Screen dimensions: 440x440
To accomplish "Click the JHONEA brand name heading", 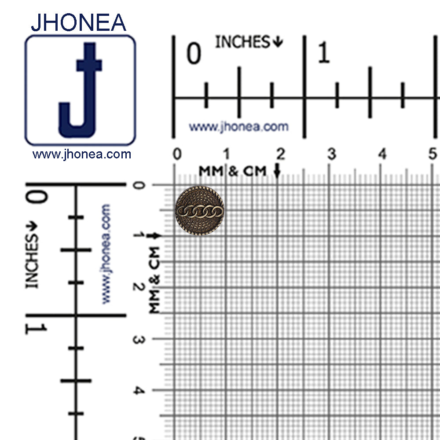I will (x=78, y=22).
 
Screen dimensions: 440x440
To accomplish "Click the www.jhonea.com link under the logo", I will (x=82, y=154).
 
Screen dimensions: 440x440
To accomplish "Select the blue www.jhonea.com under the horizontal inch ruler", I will (x=238, y=127).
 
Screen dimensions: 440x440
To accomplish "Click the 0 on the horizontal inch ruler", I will (x=194, y=54).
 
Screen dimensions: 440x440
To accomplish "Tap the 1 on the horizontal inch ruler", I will (x=323, y=54).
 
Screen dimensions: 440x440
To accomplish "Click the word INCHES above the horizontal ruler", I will (x=242, y=42).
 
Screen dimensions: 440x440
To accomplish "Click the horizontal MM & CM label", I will (x=232, y=171).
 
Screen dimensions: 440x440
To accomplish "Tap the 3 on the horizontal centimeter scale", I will (x=331, y=154).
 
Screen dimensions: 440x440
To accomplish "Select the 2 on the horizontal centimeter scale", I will (x=280, y=154).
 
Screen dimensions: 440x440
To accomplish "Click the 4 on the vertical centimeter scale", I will (x=138, y=390).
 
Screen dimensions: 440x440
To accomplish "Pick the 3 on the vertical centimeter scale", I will (x=138, y=340).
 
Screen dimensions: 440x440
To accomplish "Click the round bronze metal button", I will (x=199, y=211).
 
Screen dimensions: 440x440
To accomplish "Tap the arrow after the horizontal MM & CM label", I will (x=277, y=171).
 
